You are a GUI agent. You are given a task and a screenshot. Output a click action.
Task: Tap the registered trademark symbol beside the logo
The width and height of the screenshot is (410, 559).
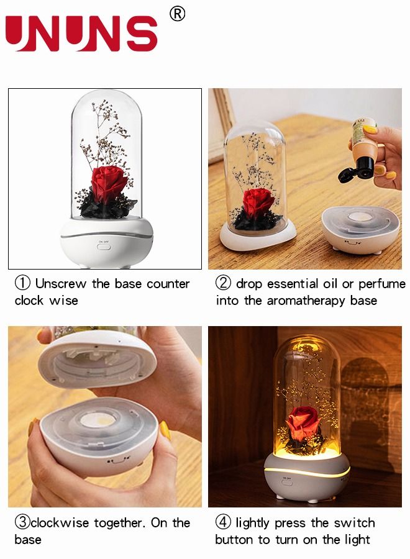(177, 14)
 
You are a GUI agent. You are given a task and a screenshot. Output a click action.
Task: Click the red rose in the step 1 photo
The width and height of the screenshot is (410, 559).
(111, 184)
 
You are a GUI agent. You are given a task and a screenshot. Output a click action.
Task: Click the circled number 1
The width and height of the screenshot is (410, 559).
(22, 284)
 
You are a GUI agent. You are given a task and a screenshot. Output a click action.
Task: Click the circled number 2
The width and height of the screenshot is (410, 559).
(223, 284)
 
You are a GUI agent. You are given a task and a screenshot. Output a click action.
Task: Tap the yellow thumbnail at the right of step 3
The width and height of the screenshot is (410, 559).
(165, 430)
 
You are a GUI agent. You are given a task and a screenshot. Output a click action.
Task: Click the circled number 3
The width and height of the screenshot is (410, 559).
(22, 523)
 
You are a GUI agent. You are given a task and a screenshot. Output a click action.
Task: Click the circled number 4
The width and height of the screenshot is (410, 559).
(223, 523)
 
